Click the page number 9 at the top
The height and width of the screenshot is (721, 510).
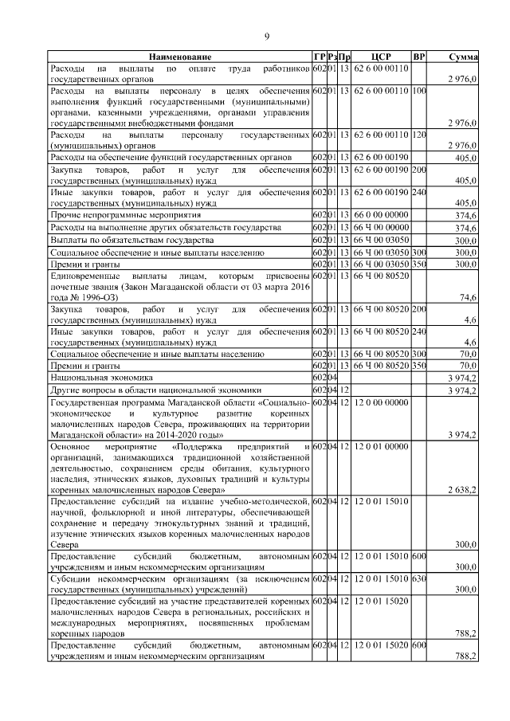tap(267, 36)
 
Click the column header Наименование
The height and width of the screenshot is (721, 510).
tap(179, 57)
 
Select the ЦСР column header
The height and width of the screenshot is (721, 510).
tap(381, 57)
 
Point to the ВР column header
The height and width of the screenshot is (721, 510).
tap(419, 57)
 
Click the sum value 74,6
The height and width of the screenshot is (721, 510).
tap(468, 296)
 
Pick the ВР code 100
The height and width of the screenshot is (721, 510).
tap(419, 91)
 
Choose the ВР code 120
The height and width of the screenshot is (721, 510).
tap(419, 135)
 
